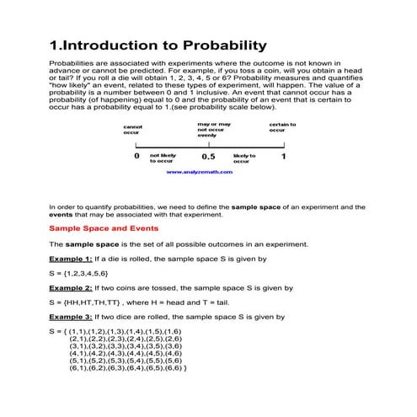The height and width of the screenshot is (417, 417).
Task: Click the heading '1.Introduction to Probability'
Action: pyautogui.click(x=158, y=45)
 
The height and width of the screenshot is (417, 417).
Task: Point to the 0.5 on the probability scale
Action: pyautogui.click(x=208, y=157)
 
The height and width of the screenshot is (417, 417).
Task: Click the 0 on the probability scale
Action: pyautogui.click(x=137, y=157)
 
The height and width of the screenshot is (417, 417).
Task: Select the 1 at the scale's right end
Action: pyautogui.click(x=283, y=157)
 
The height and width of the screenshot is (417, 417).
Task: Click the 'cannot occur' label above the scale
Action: pyautogui.click(x=132, y=130)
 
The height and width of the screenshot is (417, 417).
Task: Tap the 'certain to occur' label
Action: pyautogui.click(x=282, y=127)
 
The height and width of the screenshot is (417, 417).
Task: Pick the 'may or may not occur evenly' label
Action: pyautogui.click(x=212, y=129)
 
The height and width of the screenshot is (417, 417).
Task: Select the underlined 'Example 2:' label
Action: pyautogui.click(x=70, y=288)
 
